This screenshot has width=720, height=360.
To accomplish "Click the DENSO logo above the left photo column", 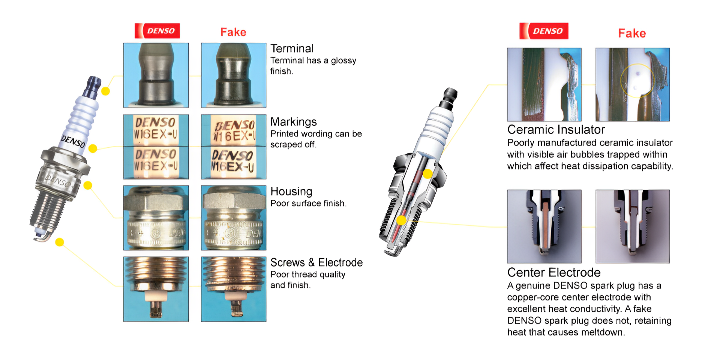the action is coord(157,31).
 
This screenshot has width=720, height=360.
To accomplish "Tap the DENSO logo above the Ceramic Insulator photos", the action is coord(544,31).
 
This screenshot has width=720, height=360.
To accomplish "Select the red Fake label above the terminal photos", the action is coord(233,32).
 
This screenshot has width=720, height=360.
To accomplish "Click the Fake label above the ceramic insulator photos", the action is coord(632,33).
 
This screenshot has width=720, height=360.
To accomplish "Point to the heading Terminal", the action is coord(292,48).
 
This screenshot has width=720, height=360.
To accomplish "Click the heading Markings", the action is coord(294,122).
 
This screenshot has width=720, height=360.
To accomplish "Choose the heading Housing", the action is coord(291,192).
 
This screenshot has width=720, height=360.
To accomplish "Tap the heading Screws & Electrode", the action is coord(316,262).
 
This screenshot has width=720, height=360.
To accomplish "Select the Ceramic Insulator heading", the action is coord(556,130).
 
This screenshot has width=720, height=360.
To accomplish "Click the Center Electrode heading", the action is coord(554,272).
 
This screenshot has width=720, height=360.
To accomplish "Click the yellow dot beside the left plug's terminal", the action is coord(106,91).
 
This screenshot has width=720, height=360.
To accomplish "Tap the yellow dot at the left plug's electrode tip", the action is coord(59,242).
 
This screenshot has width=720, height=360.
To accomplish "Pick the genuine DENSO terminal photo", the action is coord(156,75).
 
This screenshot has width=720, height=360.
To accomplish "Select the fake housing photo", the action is coord(234,218).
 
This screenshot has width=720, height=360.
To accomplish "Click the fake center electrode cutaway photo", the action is coord(633,226).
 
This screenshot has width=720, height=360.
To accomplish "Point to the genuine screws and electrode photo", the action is coord(156,289).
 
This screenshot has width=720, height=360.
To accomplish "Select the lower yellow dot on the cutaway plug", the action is coord(401,220).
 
